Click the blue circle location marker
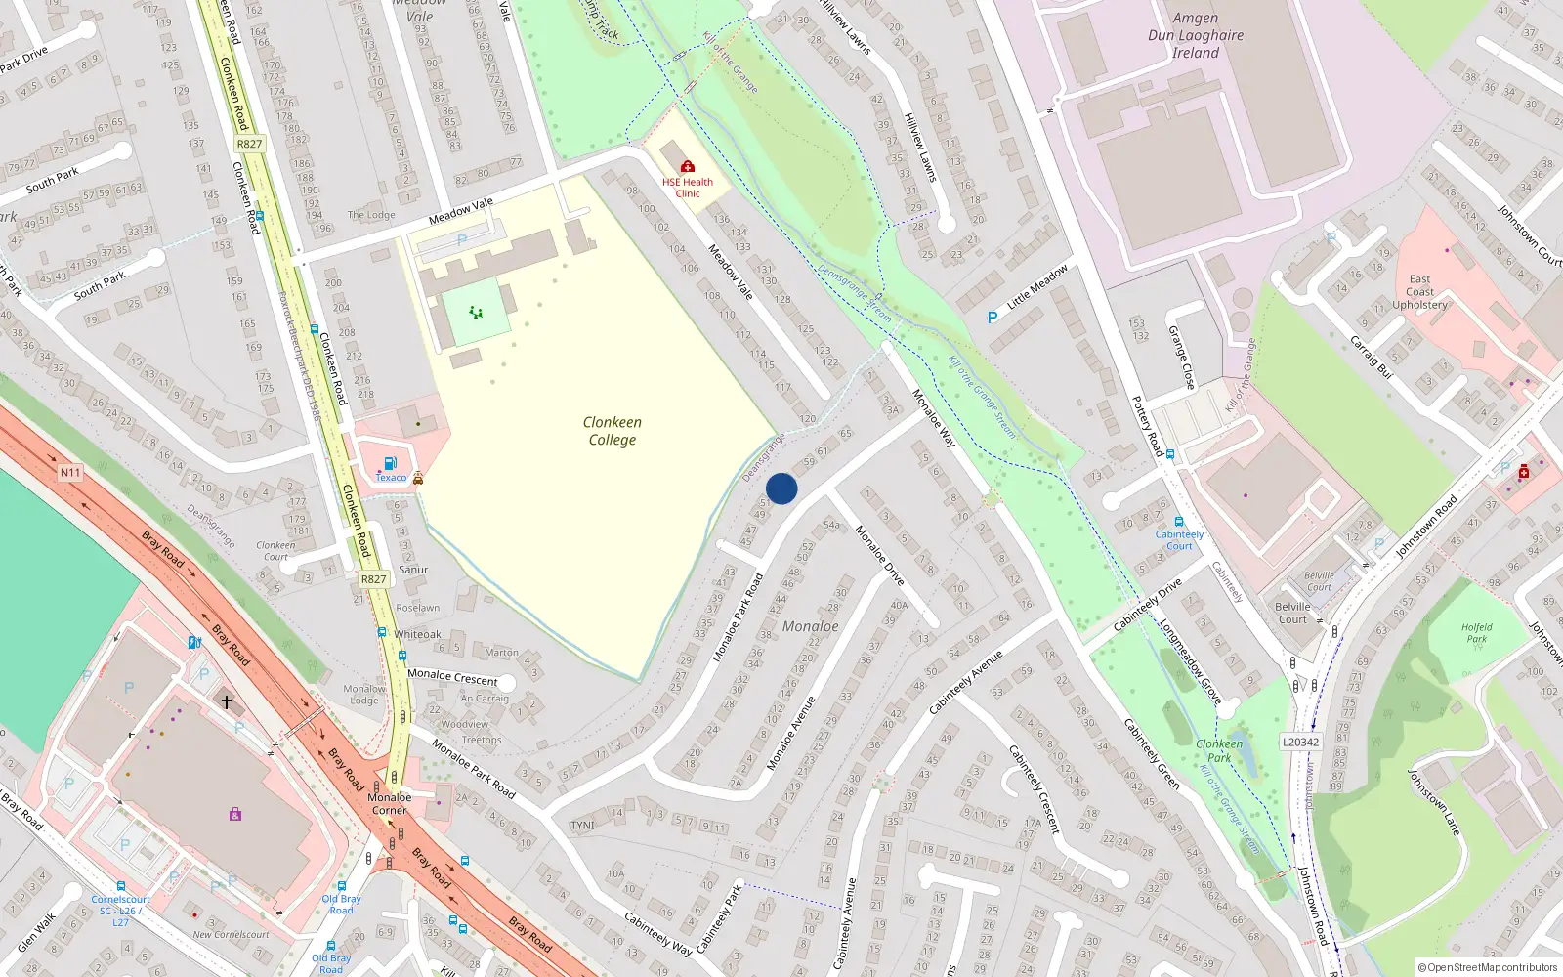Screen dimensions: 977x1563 tap(781, 488)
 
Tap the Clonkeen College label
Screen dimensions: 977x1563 tap(613, 431)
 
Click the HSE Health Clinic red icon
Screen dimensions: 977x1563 tap(688, 166)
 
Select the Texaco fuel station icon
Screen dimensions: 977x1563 tap(390, 463)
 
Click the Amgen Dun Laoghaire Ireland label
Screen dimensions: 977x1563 tap(1196, 35)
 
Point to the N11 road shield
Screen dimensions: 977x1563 tap(70, 473)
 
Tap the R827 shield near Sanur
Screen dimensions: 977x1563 tap(373, 579)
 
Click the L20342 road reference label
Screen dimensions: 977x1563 tap(1300, 743)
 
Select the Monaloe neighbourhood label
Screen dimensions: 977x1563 tap(810, 626)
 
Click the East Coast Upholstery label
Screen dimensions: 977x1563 tap(1419, 292)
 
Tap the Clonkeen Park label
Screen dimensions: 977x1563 tap(1219, 750)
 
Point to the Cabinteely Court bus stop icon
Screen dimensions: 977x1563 tap(1179, 522)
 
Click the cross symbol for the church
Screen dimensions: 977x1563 tap(227, 701)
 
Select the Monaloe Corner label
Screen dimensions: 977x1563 tap(389, 803)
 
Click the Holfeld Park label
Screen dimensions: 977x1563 tap(1476, 633)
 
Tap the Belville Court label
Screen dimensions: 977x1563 tap(1292, 613)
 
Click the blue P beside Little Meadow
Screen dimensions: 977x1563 tap(993, 318)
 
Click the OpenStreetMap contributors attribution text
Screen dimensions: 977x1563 tap(1487, 967)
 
